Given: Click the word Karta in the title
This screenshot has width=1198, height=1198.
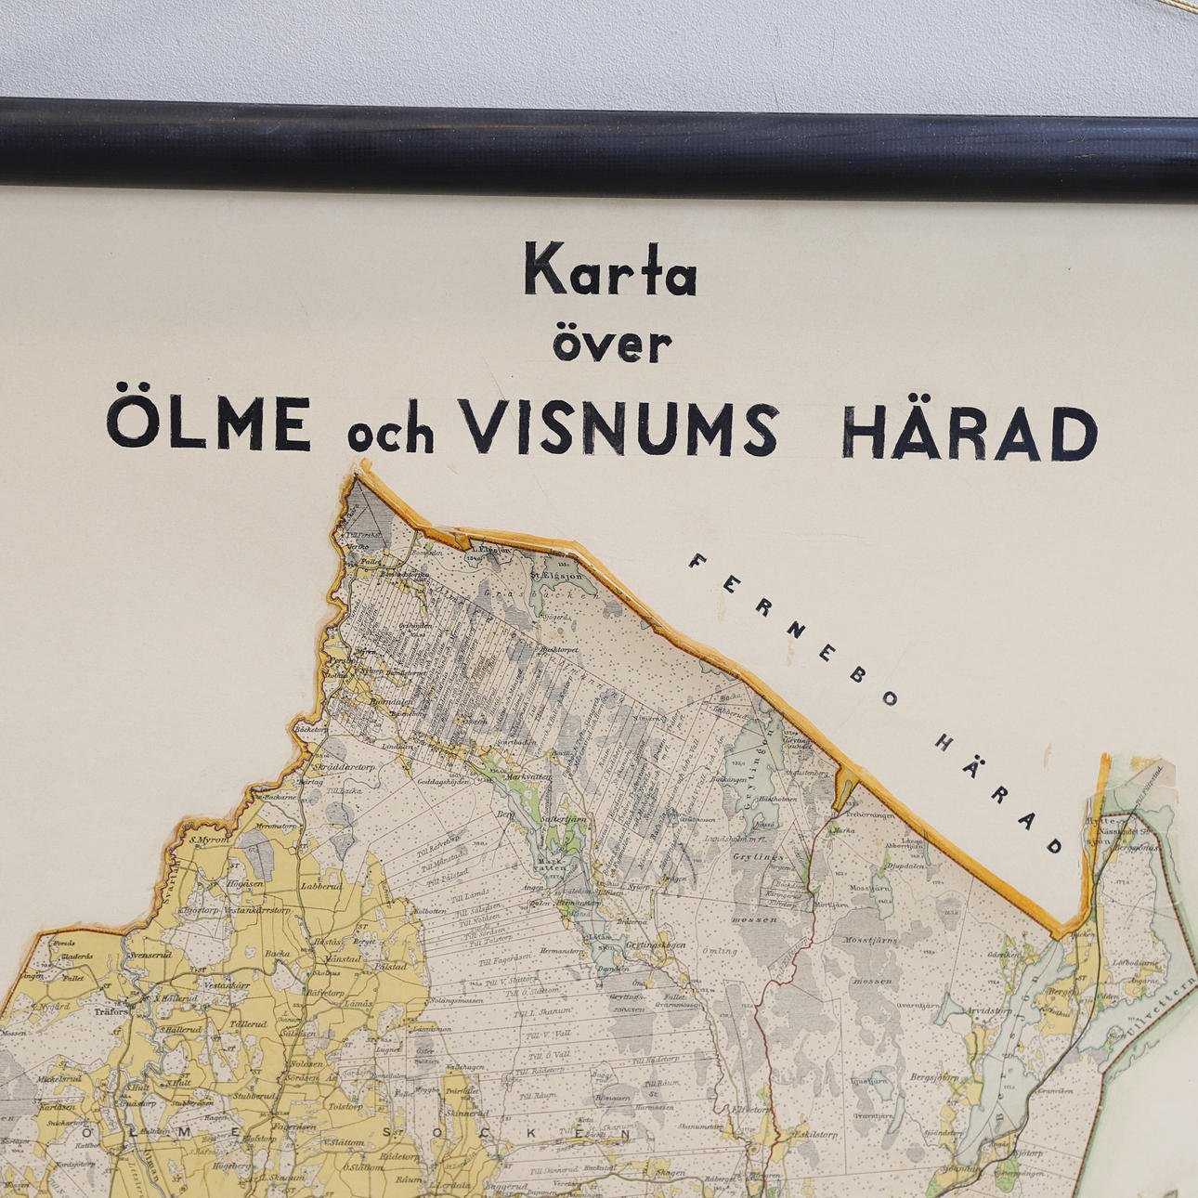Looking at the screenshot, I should click(610, 270).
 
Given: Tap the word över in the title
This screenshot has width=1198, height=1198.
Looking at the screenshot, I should click(612, 344).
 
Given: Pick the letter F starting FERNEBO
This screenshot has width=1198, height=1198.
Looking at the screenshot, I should click(698, 562).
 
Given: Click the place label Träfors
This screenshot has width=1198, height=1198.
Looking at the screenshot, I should click(111, 1012).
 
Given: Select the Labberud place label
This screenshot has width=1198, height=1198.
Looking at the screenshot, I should click(321, 887).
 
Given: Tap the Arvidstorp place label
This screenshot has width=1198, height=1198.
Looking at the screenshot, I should click(988, 1009).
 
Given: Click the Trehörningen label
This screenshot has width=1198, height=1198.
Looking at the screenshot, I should click(871, 815).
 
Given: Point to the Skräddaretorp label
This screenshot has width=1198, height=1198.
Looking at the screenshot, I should click(345, 767).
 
